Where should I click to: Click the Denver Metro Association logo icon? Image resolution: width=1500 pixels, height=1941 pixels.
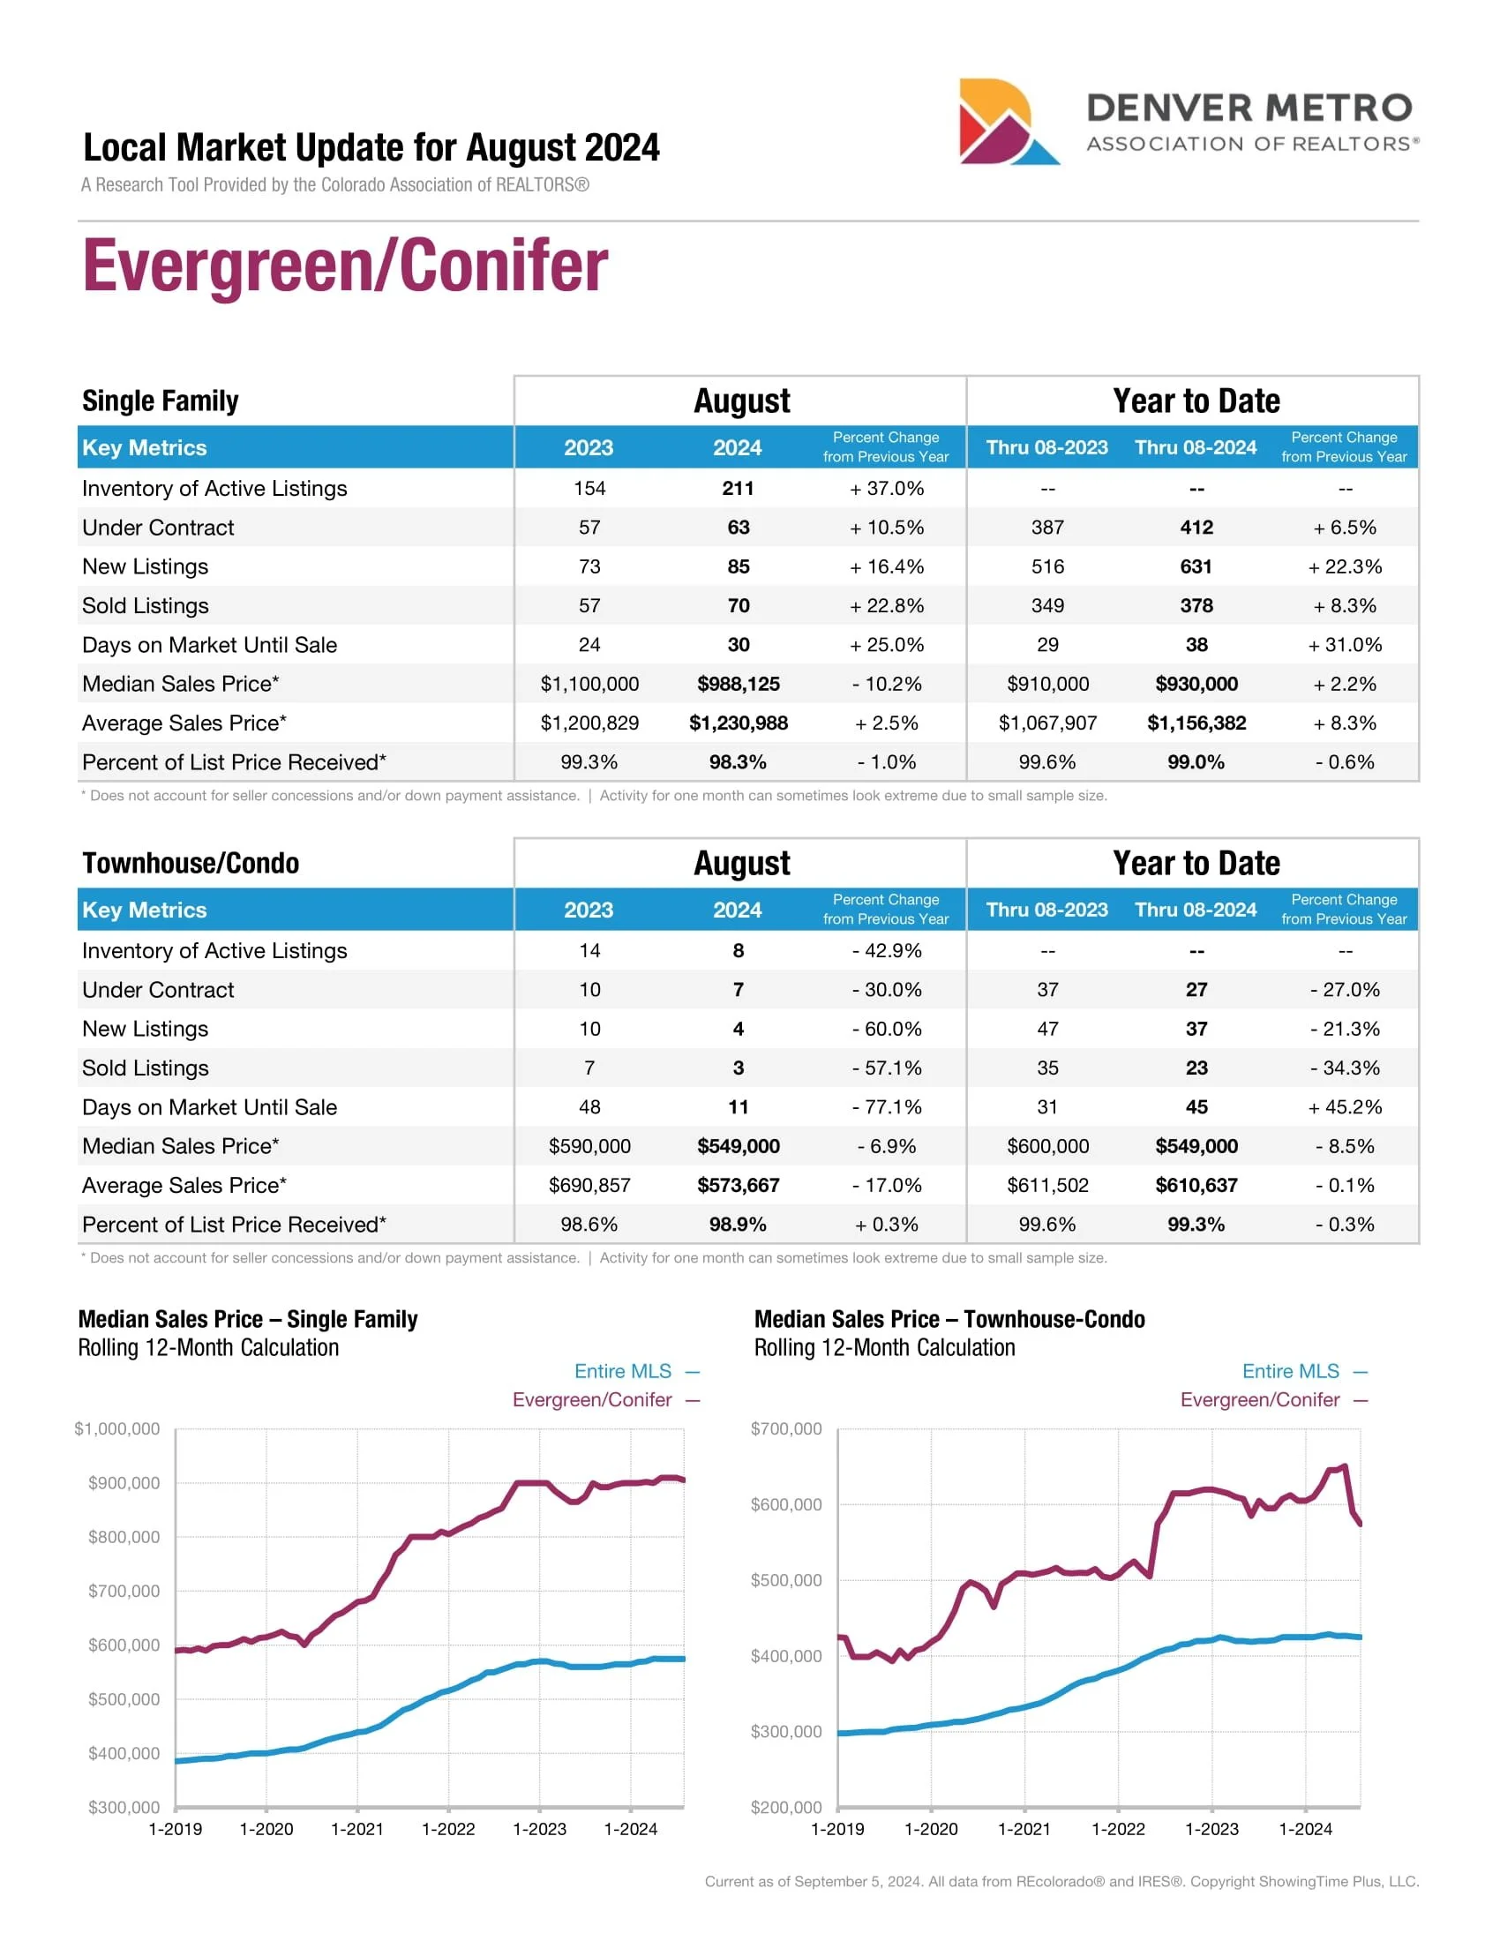1007,122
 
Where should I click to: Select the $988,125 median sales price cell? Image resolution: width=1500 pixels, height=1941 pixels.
738,684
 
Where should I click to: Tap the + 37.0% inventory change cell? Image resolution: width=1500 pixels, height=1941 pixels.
886,488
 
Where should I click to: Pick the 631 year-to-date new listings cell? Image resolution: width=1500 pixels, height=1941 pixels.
1196,566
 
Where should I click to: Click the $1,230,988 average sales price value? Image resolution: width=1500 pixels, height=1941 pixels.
738,723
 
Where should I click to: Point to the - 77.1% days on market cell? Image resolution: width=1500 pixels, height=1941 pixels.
886,1106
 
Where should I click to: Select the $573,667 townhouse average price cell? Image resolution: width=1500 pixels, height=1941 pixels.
738,1185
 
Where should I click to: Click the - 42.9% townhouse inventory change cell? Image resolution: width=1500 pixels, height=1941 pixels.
886,950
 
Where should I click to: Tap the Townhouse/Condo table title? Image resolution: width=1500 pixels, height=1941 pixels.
191,863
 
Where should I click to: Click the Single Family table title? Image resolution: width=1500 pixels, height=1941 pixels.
160,401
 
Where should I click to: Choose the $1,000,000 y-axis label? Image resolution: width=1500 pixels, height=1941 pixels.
117,1428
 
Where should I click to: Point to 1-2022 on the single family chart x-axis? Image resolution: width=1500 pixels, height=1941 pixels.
448,1829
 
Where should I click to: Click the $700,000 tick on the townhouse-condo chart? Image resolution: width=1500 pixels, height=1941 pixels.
786,1428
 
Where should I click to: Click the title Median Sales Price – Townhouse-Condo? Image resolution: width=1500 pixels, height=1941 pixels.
949,1319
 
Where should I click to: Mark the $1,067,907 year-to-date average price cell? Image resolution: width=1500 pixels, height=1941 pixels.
1046,723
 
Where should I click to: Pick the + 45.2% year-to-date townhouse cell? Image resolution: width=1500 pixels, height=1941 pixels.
1344,1106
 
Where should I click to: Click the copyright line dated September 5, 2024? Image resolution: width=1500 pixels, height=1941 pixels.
1061,1881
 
